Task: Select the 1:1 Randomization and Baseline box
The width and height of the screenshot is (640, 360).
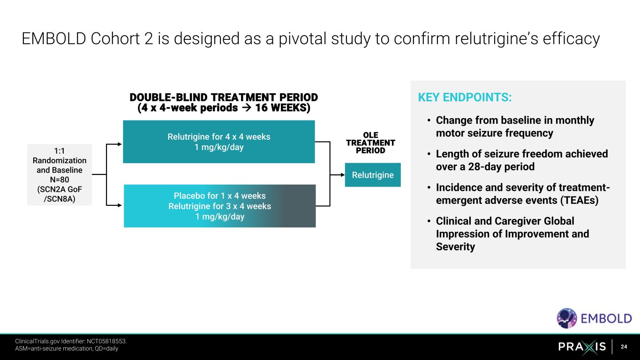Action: click(x=60, y=174)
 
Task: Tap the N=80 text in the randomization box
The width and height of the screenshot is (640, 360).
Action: click(x=60, y=180)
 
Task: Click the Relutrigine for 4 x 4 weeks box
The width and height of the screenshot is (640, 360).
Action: click(x=218, y=142)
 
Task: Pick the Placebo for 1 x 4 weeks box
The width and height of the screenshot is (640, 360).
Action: click(x=219, y=206)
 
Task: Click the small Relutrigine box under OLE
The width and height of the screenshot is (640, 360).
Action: click(x=373, y=175)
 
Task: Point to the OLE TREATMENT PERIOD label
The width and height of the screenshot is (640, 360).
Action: click(x=370, y=143)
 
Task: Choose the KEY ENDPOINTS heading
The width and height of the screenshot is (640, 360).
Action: click(x=464, y=97)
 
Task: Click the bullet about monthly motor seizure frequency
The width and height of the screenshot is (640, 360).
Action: click(x=514, y=127)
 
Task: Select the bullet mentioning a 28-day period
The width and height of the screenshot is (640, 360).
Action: click(x=521, y=160)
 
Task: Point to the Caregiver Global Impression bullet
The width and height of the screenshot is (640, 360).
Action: click(x=512, y=233)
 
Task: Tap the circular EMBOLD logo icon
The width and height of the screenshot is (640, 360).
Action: click(x=567, y=318)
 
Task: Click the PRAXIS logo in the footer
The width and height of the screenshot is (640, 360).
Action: click(x=582, y=347)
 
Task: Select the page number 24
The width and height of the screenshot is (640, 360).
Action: click(x=624, y=347)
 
